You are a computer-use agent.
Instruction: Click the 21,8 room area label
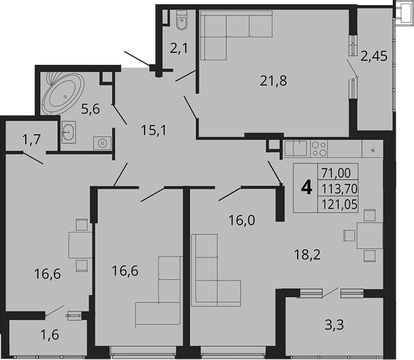[x=272, y=80]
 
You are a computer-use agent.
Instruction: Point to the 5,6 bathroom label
[x=91, y=109]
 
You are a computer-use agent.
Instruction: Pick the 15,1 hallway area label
[x=153, y=131]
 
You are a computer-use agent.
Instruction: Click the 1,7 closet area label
[x=32, y=138]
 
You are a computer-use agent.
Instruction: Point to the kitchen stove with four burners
[x=319, y=149]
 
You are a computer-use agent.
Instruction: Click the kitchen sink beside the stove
[x=297, y=149]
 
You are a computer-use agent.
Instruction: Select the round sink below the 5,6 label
[x=104, y=142]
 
